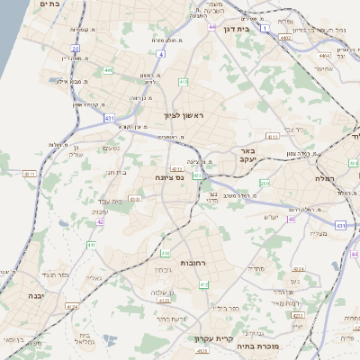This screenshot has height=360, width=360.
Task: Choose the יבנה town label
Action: [36, 295]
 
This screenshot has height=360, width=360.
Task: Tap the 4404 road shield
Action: [322, 55]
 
